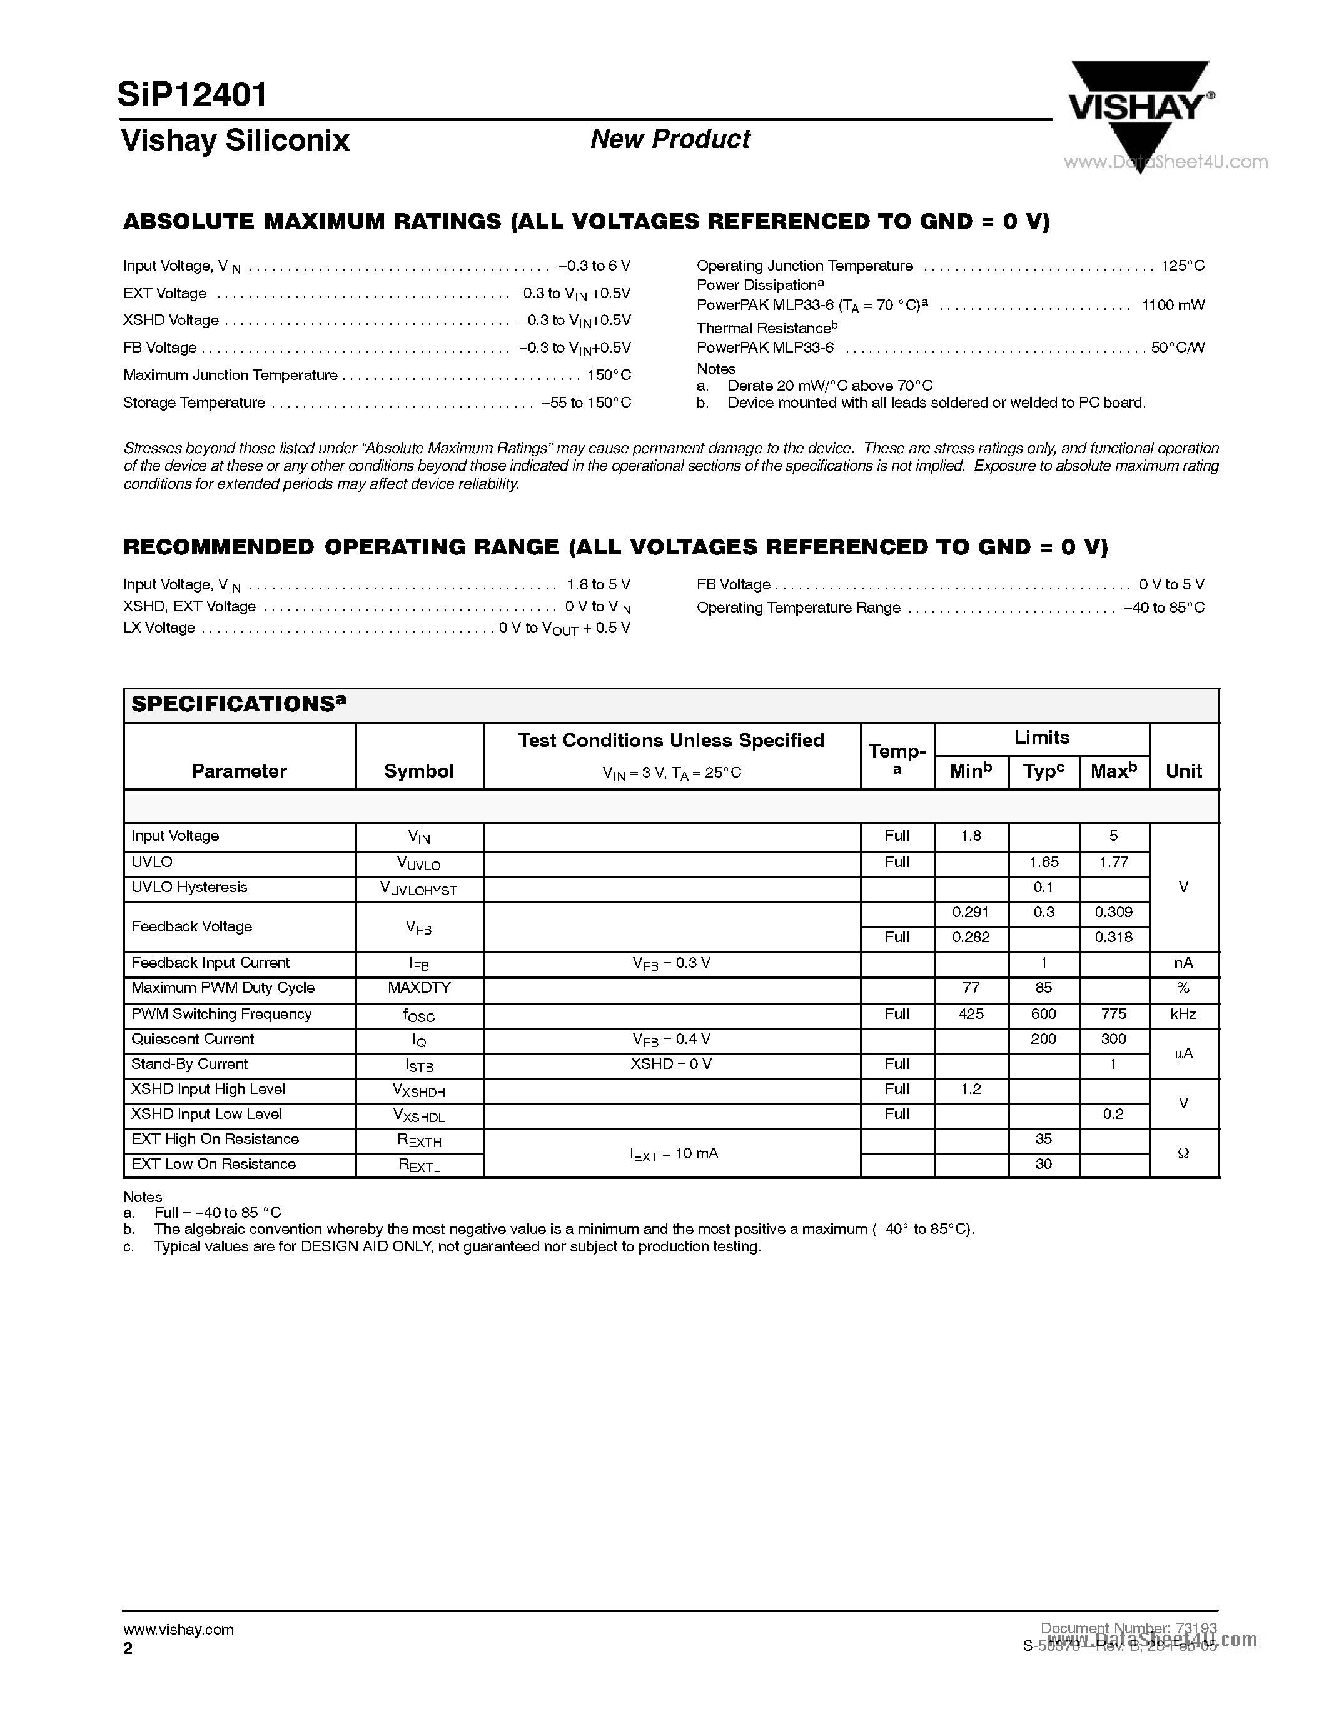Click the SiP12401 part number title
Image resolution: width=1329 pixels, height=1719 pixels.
tap(193, 95)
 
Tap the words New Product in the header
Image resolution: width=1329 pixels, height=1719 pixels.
tap(670, 139)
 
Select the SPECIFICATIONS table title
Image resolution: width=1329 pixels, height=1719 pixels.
tap(238, 704)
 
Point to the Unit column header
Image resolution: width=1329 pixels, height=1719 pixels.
tap(1183, 771)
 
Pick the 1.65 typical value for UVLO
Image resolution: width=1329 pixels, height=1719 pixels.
tap(1043, 862)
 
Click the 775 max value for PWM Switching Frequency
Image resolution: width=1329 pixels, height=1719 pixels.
tap(1113, 1014)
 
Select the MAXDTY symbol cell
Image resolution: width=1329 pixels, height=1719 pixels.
tap(419, 988)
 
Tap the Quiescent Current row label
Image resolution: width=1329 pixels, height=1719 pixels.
tap(193, 1039)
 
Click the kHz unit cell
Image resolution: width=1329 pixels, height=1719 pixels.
tap(1183, 1014)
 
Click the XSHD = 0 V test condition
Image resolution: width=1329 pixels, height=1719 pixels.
tap(671, 1064)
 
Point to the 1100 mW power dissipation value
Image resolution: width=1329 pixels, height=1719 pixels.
tap(1173, 306)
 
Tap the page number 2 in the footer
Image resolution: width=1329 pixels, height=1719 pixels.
tap(128, 1649)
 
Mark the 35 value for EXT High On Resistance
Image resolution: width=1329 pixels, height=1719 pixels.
tap(1043, 1139)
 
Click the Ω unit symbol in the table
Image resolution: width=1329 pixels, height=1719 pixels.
tap(1183, 1153)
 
